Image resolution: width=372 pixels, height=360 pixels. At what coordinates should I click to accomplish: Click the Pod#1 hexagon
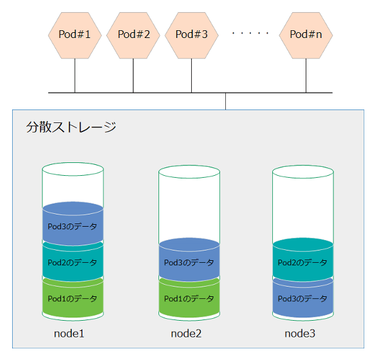tap(75, 35)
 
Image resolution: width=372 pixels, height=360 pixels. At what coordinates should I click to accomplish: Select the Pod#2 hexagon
tap(133, 35)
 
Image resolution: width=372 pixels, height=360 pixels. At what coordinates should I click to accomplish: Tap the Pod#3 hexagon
tap(192, 35)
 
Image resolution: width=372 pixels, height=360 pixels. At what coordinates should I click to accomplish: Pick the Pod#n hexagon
tap(306, 35)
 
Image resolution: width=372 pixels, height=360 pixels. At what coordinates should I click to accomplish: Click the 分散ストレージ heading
tap(71, 128)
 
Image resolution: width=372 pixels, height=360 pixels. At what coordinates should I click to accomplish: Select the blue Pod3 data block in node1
tap(73, 226)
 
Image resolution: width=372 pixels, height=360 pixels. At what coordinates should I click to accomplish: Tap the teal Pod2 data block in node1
tap(73, 262)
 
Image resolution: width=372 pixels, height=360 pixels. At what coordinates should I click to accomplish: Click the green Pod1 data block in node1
tap(73, 298)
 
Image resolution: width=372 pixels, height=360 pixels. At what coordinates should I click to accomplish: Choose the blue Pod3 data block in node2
tap(189, 262)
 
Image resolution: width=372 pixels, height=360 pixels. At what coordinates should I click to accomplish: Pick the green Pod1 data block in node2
tap(189, 298)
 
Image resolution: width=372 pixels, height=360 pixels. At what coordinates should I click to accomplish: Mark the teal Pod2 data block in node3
tap(302, 262)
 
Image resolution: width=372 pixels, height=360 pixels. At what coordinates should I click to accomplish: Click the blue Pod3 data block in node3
tap(302, 298)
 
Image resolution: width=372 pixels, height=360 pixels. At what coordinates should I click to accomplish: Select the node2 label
tap(187, 334)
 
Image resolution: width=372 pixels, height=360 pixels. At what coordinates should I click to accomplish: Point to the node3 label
tap(301, 334)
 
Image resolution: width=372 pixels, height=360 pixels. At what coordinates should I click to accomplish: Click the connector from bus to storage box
tap(225, 101)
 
